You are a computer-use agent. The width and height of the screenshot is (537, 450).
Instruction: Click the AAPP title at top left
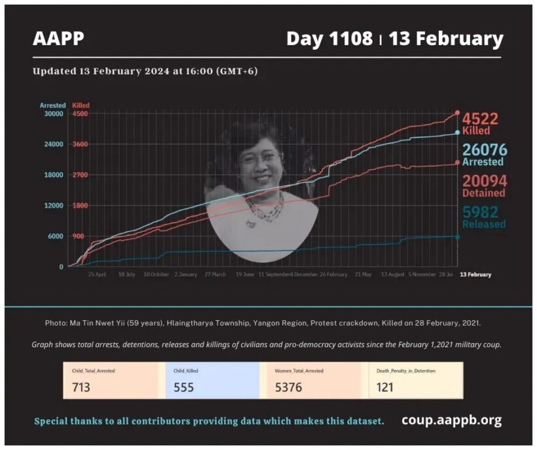point(58,39)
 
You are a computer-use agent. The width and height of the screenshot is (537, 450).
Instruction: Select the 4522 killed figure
point(480,119)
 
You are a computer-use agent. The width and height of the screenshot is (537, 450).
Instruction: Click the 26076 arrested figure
point(484,150)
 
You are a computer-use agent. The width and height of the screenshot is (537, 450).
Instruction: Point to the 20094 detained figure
point(484,181)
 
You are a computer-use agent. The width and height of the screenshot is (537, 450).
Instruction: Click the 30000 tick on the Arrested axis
point(52,114)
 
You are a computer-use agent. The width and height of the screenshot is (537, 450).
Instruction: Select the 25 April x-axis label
point(97,274)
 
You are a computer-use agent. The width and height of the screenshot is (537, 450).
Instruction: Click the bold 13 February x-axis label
point(475,274)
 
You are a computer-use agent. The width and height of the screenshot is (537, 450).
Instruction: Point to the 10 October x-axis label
point(156,274)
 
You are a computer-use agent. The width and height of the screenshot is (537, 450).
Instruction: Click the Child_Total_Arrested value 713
point(81,387)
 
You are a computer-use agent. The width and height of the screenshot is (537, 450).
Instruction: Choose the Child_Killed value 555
point(184,387)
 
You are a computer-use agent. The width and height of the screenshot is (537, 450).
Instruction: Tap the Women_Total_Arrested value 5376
point(289,387)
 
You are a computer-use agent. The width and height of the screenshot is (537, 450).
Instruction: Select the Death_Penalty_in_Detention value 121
point(385,387)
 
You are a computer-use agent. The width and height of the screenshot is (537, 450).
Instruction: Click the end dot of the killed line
point(457,113)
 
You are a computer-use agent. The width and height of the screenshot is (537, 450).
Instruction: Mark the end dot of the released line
point(457,236)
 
